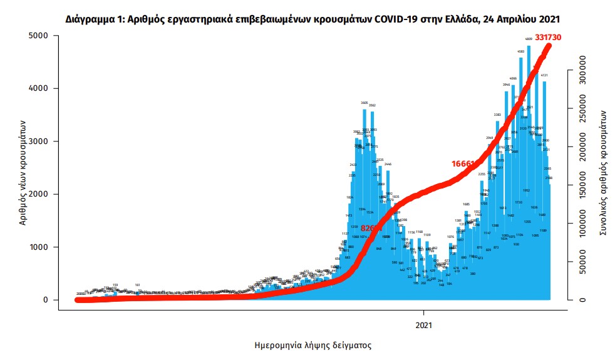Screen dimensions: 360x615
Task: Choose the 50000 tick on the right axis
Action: click(x=581, y=262)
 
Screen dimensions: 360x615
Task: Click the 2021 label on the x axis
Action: click(x=424, y=325)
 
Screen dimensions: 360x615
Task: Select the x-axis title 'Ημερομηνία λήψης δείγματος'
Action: click(x=309, y=345)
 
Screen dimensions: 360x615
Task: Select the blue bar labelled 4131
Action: click(x=545, y=188)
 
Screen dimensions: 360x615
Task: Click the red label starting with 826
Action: click(x=370, y=229)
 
